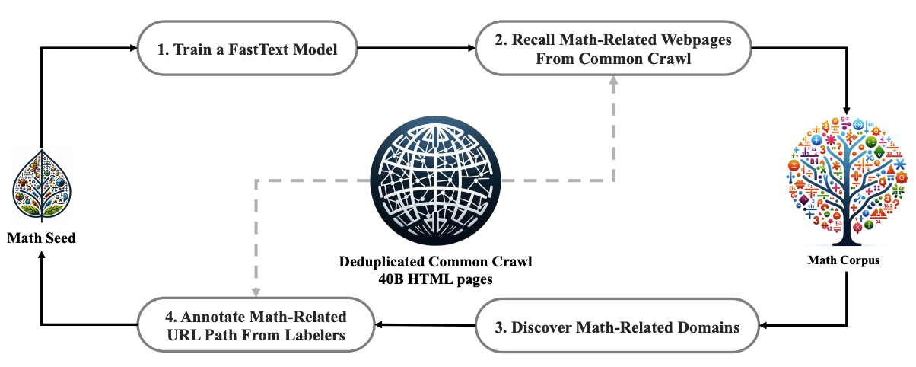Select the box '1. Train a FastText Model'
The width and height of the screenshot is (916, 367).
(x=247, y=48)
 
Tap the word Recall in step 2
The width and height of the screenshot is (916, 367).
(x=533, y=40)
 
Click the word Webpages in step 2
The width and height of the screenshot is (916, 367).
(x=696, y=40)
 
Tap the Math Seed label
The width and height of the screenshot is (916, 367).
(x=41, y=238)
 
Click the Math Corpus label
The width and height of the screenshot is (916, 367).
(x=844, y=260)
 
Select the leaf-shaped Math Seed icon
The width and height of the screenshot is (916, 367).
(x=42, y=185)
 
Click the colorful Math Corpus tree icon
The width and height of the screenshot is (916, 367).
(x=847, y=181)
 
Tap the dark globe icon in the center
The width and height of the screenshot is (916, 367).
(x=435, y=180)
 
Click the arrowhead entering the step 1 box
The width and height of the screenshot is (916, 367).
(x=133, y=48)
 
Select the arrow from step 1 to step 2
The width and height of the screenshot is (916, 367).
(x=416, y=48)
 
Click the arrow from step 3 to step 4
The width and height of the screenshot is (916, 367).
(x=425, y=325)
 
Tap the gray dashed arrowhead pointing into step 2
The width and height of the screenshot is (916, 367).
(x=613, y=80)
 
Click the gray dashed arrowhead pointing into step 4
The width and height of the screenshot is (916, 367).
(x=256, y=292)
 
